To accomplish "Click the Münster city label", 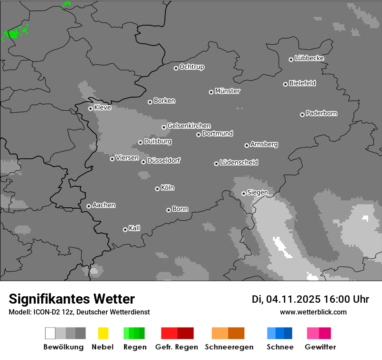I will [227, 91].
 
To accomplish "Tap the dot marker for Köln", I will [157, 189].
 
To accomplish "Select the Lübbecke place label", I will [309, 58].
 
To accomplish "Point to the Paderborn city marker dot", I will [302, 115].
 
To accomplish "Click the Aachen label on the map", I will [104, 205].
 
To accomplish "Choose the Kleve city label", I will [102, 108].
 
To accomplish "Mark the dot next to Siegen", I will [244, 193].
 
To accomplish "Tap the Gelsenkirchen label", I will [189, 126].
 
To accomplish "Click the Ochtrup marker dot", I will [176, 68].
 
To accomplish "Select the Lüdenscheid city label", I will [239, 163].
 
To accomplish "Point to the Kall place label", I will [134, 228].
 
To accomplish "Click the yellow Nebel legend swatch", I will [103, 333].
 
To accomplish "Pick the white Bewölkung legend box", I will [50, 333].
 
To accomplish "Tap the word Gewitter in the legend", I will [320, 347].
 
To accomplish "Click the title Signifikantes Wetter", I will [72, 299].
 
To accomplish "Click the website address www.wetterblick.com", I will [313, 312].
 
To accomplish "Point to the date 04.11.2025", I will [293, 299].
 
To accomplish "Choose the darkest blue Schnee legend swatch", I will [288, 333].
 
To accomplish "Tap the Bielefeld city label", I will [302, 83].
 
